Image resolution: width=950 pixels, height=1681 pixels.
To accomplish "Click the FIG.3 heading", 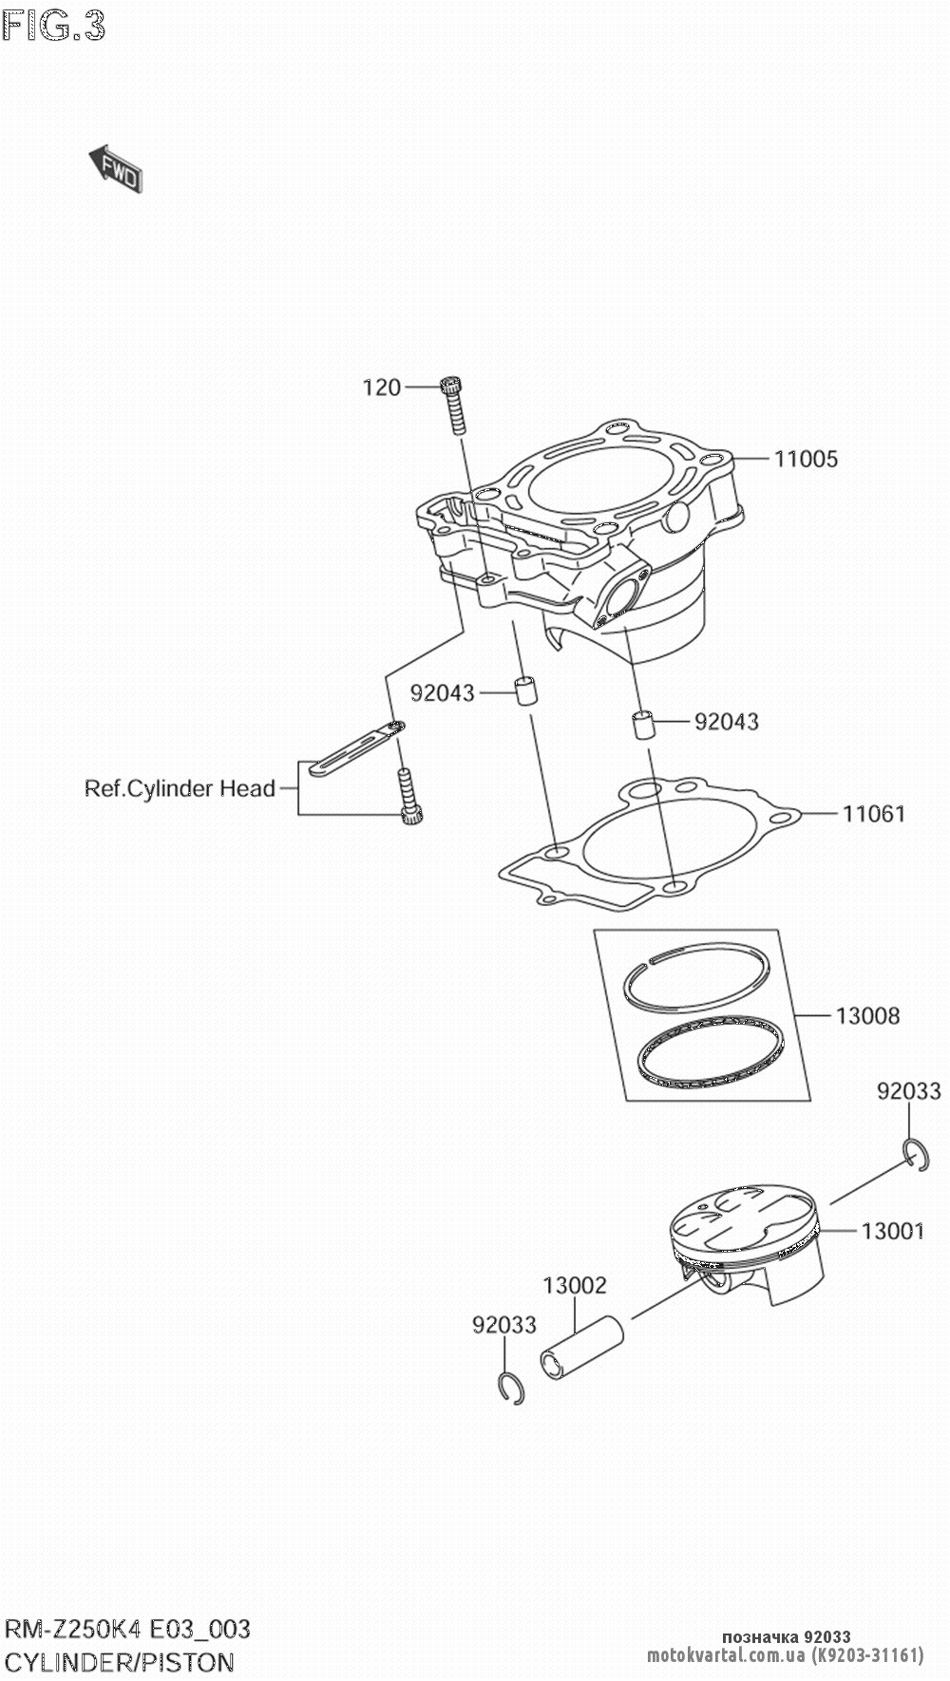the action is point(53,27).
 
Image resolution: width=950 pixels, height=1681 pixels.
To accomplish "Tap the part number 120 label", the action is point(382,387).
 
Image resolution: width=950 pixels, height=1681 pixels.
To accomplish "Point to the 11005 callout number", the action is point(806,459).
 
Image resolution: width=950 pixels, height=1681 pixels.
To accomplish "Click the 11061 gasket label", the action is point(873,814).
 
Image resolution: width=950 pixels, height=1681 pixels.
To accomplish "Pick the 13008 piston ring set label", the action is point(867,1015).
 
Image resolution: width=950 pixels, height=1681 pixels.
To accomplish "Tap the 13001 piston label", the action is point(892,1232).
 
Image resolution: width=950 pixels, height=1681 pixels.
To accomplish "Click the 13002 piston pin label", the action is point(575,1285).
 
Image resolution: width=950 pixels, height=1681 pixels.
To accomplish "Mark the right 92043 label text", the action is point(727,722).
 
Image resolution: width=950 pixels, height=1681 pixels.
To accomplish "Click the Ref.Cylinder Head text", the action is point(180,788).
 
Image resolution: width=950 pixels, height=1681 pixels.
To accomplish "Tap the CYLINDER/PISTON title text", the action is point(120,1662).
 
